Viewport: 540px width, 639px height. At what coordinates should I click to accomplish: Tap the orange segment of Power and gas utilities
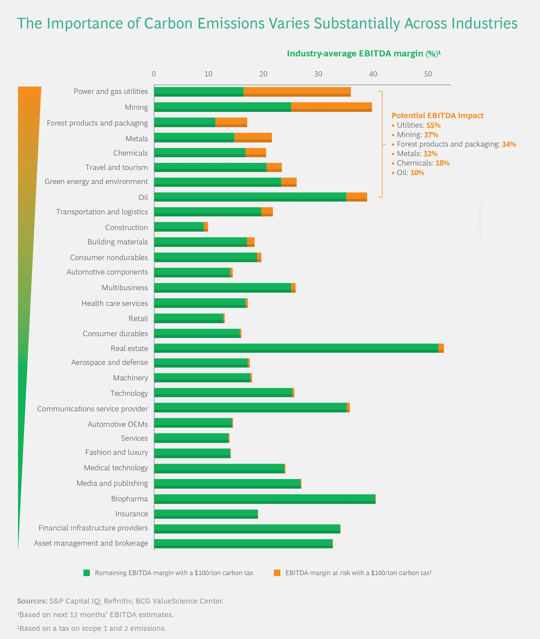coord(297,92)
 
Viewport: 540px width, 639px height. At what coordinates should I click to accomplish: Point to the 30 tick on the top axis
coord(318,74)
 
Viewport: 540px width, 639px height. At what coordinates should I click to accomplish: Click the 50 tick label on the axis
coord(428,74)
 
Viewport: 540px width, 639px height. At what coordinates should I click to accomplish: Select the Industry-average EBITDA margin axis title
coord(363,54)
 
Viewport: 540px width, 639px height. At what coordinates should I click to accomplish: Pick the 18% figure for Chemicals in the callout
coord(442,163)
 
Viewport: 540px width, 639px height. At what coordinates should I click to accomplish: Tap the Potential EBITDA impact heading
coord(437,115)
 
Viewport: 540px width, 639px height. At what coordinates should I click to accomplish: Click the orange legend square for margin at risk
coord(277,573)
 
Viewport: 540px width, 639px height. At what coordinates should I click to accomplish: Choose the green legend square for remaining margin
coord(87,573)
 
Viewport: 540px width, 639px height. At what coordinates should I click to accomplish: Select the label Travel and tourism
coord(116,167)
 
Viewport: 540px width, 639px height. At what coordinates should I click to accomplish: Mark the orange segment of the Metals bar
coord(253,137)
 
